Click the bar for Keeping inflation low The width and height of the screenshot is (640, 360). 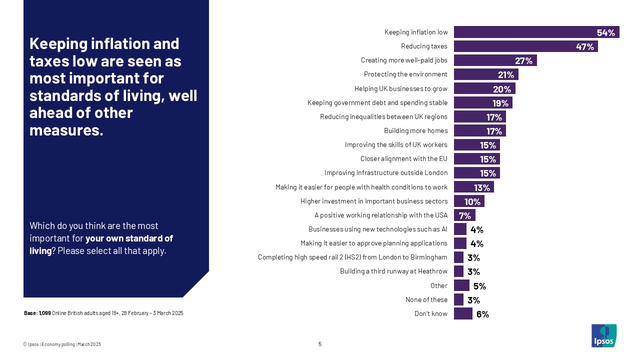[536, 32]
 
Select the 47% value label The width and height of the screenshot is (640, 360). [584, 47]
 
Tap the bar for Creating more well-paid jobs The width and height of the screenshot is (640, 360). [495, 60]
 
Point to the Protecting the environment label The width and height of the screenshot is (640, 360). [405, 74]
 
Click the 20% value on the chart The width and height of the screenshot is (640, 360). [502, 89]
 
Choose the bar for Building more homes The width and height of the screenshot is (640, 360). [479, 131]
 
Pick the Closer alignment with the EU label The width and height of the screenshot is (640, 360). [403, 159]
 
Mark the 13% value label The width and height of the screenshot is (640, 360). [481, 187]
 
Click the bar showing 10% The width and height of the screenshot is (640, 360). [469, 201]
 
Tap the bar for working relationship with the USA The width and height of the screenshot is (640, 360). [464, 215]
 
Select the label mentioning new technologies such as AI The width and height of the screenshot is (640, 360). [377, 229]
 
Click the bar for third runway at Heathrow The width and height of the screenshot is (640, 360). [458, 271]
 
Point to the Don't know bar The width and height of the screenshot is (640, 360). [463, 313]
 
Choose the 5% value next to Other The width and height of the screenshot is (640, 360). [479, 286]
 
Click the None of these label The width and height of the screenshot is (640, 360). [426, 300]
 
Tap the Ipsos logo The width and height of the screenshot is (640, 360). [604, 335]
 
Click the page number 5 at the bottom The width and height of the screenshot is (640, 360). [320, 344]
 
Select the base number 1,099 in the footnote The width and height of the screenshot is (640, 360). [45, 313]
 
